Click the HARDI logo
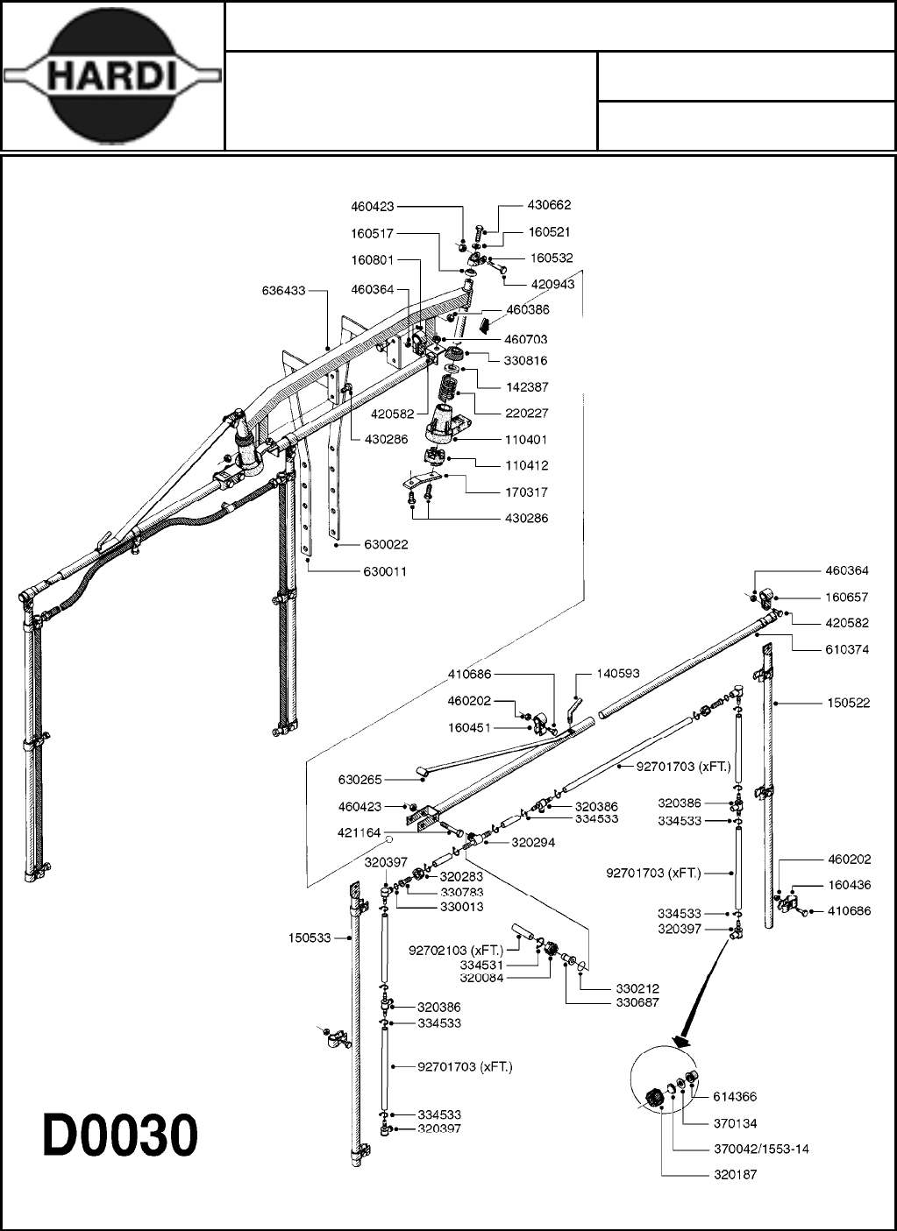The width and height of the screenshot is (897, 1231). tap(112, 77)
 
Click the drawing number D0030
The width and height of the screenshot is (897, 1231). tap(121, 1136)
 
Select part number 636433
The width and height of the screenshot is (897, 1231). tap(283, 291)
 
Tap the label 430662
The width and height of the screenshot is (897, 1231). tap(549, 205)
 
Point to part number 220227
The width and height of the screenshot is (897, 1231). tap(526, 413)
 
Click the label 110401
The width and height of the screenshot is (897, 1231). tap(526, 440)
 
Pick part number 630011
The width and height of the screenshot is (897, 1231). tap(385, 571)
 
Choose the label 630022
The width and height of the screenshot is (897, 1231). tap(385, 545)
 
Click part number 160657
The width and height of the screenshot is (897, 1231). tap(846, 598)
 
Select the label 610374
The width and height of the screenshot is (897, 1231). tap(846, 650)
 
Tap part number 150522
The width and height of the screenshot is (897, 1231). tap(848, 703)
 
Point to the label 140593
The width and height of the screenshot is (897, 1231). tap(618, 674)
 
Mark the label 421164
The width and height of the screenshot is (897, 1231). tap(360, 833)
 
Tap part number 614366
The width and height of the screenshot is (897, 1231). tap(735, 1096)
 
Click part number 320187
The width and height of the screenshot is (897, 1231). tap(735, 1175)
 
